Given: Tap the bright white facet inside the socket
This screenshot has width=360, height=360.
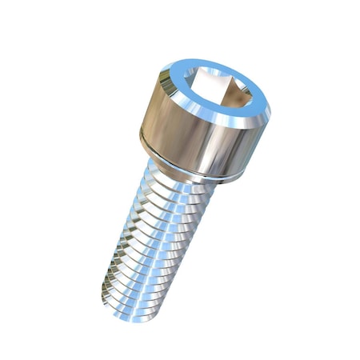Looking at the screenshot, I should coord(210,82).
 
